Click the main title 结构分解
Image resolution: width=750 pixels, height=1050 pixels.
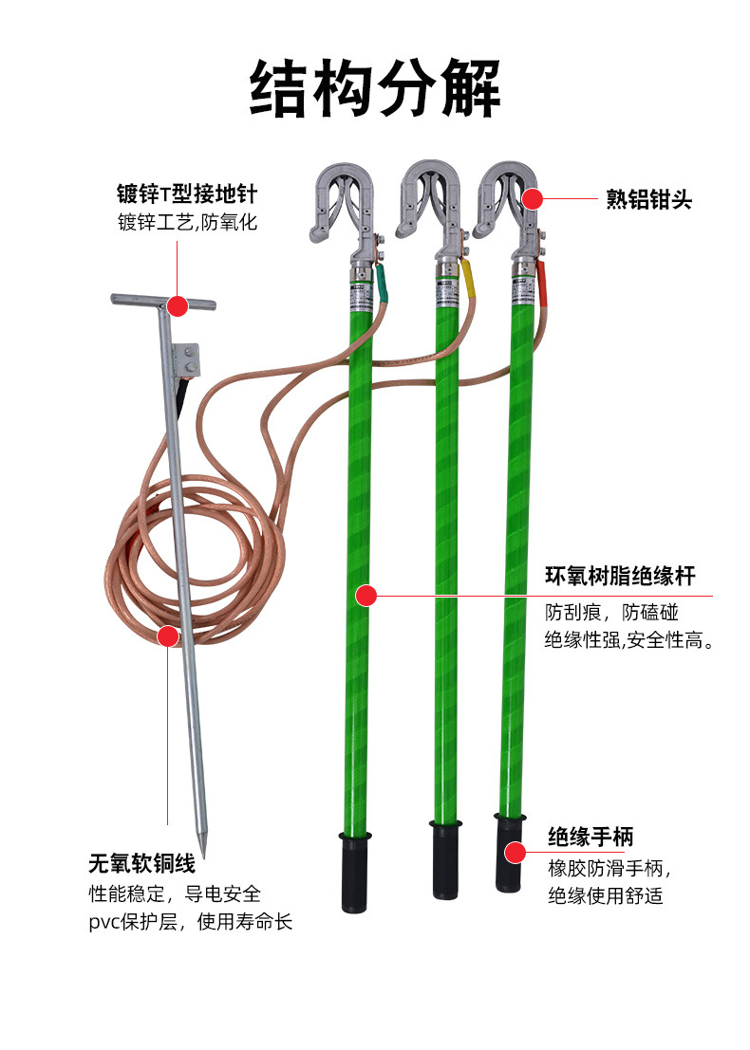click(375, 87)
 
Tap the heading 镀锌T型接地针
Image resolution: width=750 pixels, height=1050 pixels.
click(187, 194)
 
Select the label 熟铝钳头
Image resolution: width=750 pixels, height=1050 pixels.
click(648, 199)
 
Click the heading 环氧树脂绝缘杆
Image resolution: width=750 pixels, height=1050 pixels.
click(620, 575)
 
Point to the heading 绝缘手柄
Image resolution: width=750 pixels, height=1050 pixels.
click(591, 837)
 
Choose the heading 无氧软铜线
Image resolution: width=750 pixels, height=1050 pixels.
click(142, 863)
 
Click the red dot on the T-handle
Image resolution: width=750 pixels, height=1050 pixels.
click(177, 306)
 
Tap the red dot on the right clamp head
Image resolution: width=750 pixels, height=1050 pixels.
click(533, 199)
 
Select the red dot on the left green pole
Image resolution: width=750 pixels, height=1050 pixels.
click(366, 595)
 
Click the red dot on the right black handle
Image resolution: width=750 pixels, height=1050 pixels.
click(515, 853)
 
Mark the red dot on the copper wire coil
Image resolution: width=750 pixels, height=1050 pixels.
click(167, 636)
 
